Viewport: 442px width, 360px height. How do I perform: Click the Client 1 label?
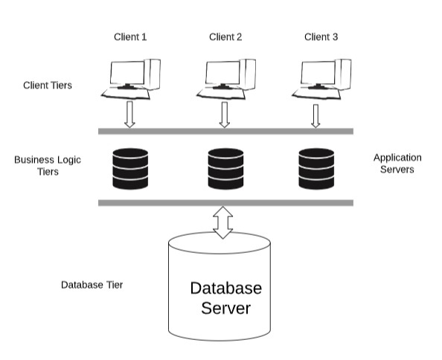click(x=130, y=37)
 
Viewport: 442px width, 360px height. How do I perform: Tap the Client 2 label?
click(x=225, y=37)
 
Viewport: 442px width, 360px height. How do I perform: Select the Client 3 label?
click(x=321, y=37)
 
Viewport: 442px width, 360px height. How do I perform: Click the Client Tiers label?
click(x=48, y=86)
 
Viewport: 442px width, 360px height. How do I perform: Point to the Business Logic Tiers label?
click(x=48, y=166)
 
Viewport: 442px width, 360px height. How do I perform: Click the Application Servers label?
click(x=397, y=164)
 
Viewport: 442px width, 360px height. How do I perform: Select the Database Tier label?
click(x=92, y=285)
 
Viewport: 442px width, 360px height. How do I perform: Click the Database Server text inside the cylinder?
click(x=226, y=298)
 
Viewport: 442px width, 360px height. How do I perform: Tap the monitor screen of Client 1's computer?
click(x=127, y=72)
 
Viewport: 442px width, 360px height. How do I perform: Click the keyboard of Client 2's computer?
click(x=221, y=94)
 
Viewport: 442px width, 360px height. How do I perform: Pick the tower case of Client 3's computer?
click(x=343, y=74)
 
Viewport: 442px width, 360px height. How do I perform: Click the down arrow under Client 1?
click(x=129, y=115)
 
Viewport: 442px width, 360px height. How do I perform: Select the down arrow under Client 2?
click(x=225, y=115)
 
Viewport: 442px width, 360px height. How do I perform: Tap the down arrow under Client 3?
click(x=316, y=116)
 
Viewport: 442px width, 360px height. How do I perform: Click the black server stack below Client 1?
click(x=130, y=169)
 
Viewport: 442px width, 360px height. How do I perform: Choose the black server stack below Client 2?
click(x=225, y=169)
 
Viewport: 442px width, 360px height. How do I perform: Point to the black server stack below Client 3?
click(x=316, y=169)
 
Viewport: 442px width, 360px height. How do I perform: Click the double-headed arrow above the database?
click(x=223, y=222)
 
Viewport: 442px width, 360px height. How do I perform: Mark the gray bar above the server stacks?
click(x=225, y=131)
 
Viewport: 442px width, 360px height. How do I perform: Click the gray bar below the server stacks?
click(x=225, y=203)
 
